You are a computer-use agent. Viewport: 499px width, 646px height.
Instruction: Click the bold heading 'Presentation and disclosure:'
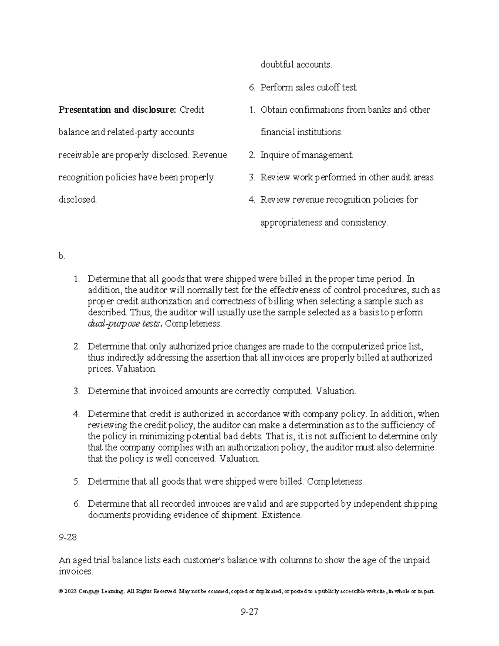tap(117, 110)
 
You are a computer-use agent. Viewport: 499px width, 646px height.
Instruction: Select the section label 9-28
tap(68, 537)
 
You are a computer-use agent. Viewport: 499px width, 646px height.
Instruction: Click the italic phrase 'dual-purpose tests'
tap(124, 324)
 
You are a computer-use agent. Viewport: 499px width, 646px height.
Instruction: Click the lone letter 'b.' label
tap(62, 256)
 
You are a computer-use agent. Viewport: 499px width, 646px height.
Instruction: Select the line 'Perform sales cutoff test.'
tap(309, 87)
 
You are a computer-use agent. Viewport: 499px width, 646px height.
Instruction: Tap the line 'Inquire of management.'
tap(306, 155)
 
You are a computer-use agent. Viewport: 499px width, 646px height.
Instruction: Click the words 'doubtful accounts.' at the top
tap(296, 64)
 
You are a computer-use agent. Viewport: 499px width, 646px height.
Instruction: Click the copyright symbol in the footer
tap(61, 591)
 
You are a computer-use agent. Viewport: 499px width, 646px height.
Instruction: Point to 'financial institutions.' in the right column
tap(301, 132)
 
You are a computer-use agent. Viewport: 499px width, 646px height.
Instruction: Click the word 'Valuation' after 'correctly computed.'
tap(335, 391)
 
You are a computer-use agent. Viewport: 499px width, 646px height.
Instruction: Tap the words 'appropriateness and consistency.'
tap(324, 223)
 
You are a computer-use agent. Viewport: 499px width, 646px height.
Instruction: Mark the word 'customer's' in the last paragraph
tap(204, 560)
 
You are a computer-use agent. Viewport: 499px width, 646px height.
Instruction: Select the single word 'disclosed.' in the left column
tap(77, 200)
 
